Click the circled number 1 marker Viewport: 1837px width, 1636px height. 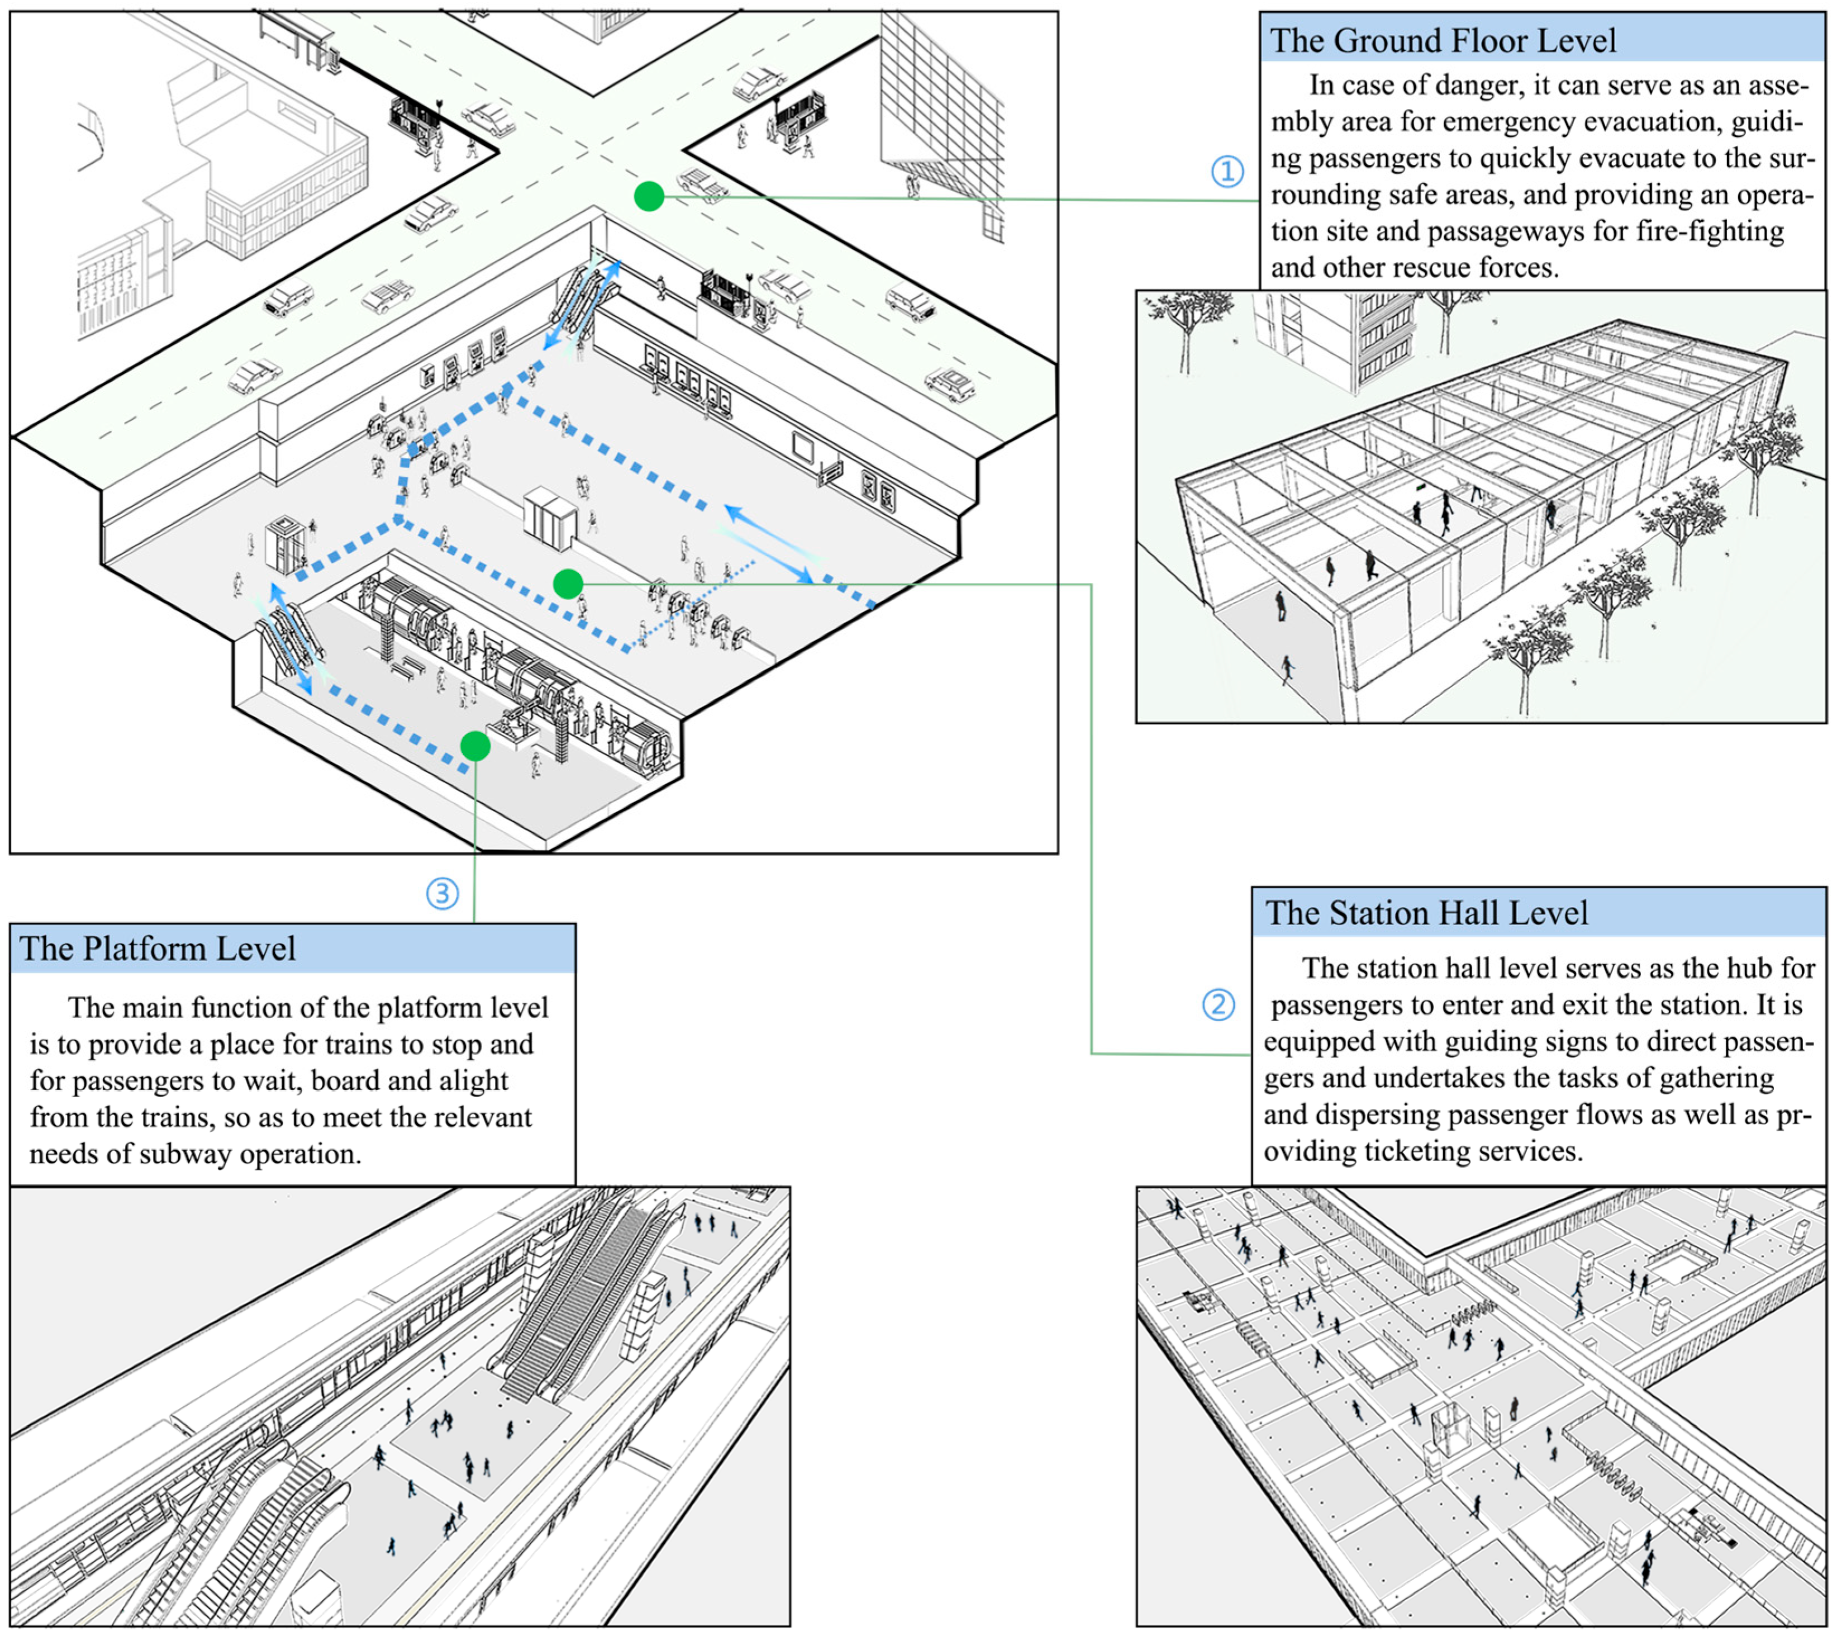pyautogui.click(x=1227, y=171)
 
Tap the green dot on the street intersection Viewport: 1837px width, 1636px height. pyautogui.click(x=649, y=196)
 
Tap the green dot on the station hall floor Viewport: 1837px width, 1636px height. pyautogui.click(x=568, y=584)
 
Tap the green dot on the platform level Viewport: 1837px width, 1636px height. pyautogui.click(x=475, y=745)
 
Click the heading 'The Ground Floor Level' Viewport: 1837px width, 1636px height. pyautogui.click(x=1443, y=40)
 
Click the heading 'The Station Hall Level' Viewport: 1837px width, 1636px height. pyautogui.click(x=1426, y=912)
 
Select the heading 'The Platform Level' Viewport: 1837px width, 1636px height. pyautogui.click(x=158, y=949)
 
